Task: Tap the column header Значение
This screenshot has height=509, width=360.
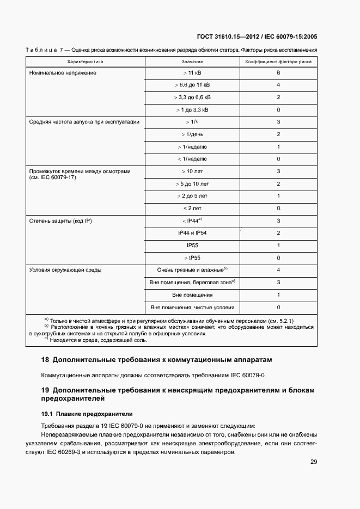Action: [x=192, y=62]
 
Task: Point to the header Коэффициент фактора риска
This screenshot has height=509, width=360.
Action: [x=278, y=62]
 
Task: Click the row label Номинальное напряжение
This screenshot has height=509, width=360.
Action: [x=62, y=73]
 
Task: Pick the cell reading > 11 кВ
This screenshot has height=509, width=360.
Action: [x=192, y=73]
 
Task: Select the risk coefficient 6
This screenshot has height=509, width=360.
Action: [x=278, y=73]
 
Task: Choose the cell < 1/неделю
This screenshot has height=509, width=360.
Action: [x=192, y=159]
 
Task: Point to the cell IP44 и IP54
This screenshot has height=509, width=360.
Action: [x=192, y=233]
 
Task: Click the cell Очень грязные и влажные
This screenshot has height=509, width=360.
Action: [x=191, y=270]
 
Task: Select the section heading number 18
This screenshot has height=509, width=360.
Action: [x=45, y=360]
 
